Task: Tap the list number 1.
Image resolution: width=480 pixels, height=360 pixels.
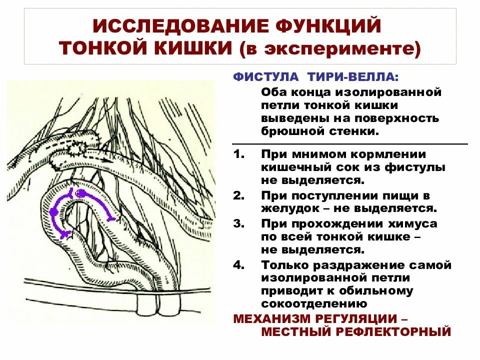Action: pyautogui.click(x=238, y=154)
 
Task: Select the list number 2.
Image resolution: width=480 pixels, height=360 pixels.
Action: pyautogui.click(x=238, y=195)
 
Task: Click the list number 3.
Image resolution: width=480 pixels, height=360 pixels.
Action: pyautogui.click(x=238, y=223)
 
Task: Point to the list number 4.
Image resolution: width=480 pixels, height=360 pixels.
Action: pyautogui.click(x=238, y=264)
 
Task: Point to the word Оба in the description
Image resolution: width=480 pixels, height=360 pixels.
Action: pyautogui.click(x=272, y=92)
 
